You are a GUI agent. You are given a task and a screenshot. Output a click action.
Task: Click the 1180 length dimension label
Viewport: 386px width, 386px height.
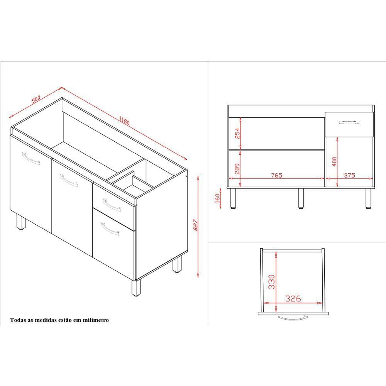124,120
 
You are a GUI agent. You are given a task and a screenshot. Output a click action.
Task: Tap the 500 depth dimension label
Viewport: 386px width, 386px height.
36,99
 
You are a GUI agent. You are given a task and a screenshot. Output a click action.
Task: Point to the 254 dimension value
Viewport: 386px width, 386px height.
237,133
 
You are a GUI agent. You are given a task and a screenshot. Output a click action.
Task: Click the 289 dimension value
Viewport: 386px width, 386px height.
237,168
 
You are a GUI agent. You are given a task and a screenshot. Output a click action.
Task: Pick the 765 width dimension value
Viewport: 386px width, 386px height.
276,175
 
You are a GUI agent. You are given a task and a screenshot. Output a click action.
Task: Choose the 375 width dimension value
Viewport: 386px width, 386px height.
349,175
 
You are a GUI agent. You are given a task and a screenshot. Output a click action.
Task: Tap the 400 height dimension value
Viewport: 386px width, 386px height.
334,161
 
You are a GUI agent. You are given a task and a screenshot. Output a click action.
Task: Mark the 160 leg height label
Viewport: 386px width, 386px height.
217,198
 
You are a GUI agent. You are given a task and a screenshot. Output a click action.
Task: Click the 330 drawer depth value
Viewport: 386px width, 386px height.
271,282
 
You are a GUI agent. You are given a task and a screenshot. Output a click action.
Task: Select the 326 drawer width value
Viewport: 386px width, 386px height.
293,298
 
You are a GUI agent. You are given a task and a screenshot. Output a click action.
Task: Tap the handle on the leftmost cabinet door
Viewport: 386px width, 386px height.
31,159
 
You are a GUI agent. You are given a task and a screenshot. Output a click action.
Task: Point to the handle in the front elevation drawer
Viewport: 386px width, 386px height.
349,122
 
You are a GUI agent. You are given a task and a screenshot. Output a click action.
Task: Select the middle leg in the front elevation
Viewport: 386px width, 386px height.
301,198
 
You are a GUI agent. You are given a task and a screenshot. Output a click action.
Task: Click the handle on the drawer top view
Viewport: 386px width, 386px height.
293,318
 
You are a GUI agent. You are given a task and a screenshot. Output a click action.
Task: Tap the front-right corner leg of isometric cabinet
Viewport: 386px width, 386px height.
135,288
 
